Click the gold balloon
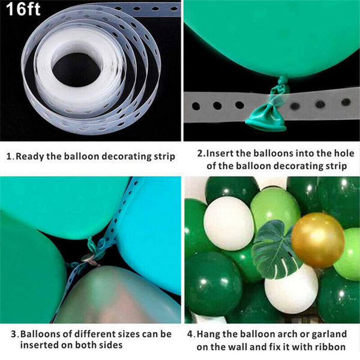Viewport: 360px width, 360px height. (317, 239)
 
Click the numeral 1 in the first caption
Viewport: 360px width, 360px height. (8, 157)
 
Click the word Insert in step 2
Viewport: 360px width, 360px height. (220, 153)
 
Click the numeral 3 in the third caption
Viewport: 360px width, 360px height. (14, 334)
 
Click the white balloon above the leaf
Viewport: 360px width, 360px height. (228, 223)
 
